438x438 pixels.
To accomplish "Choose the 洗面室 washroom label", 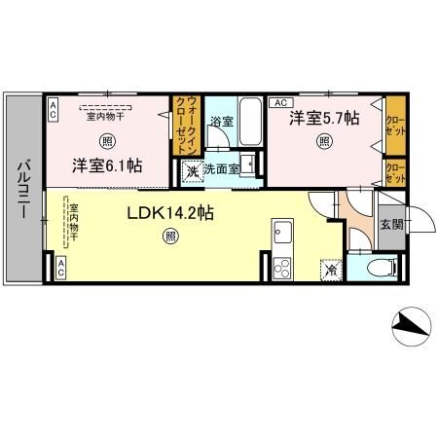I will (221, 168).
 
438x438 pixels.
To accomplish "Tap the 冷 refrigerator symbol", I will (331, 269).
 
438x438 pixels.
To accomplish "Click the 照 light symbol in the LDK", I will (171, 235).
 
